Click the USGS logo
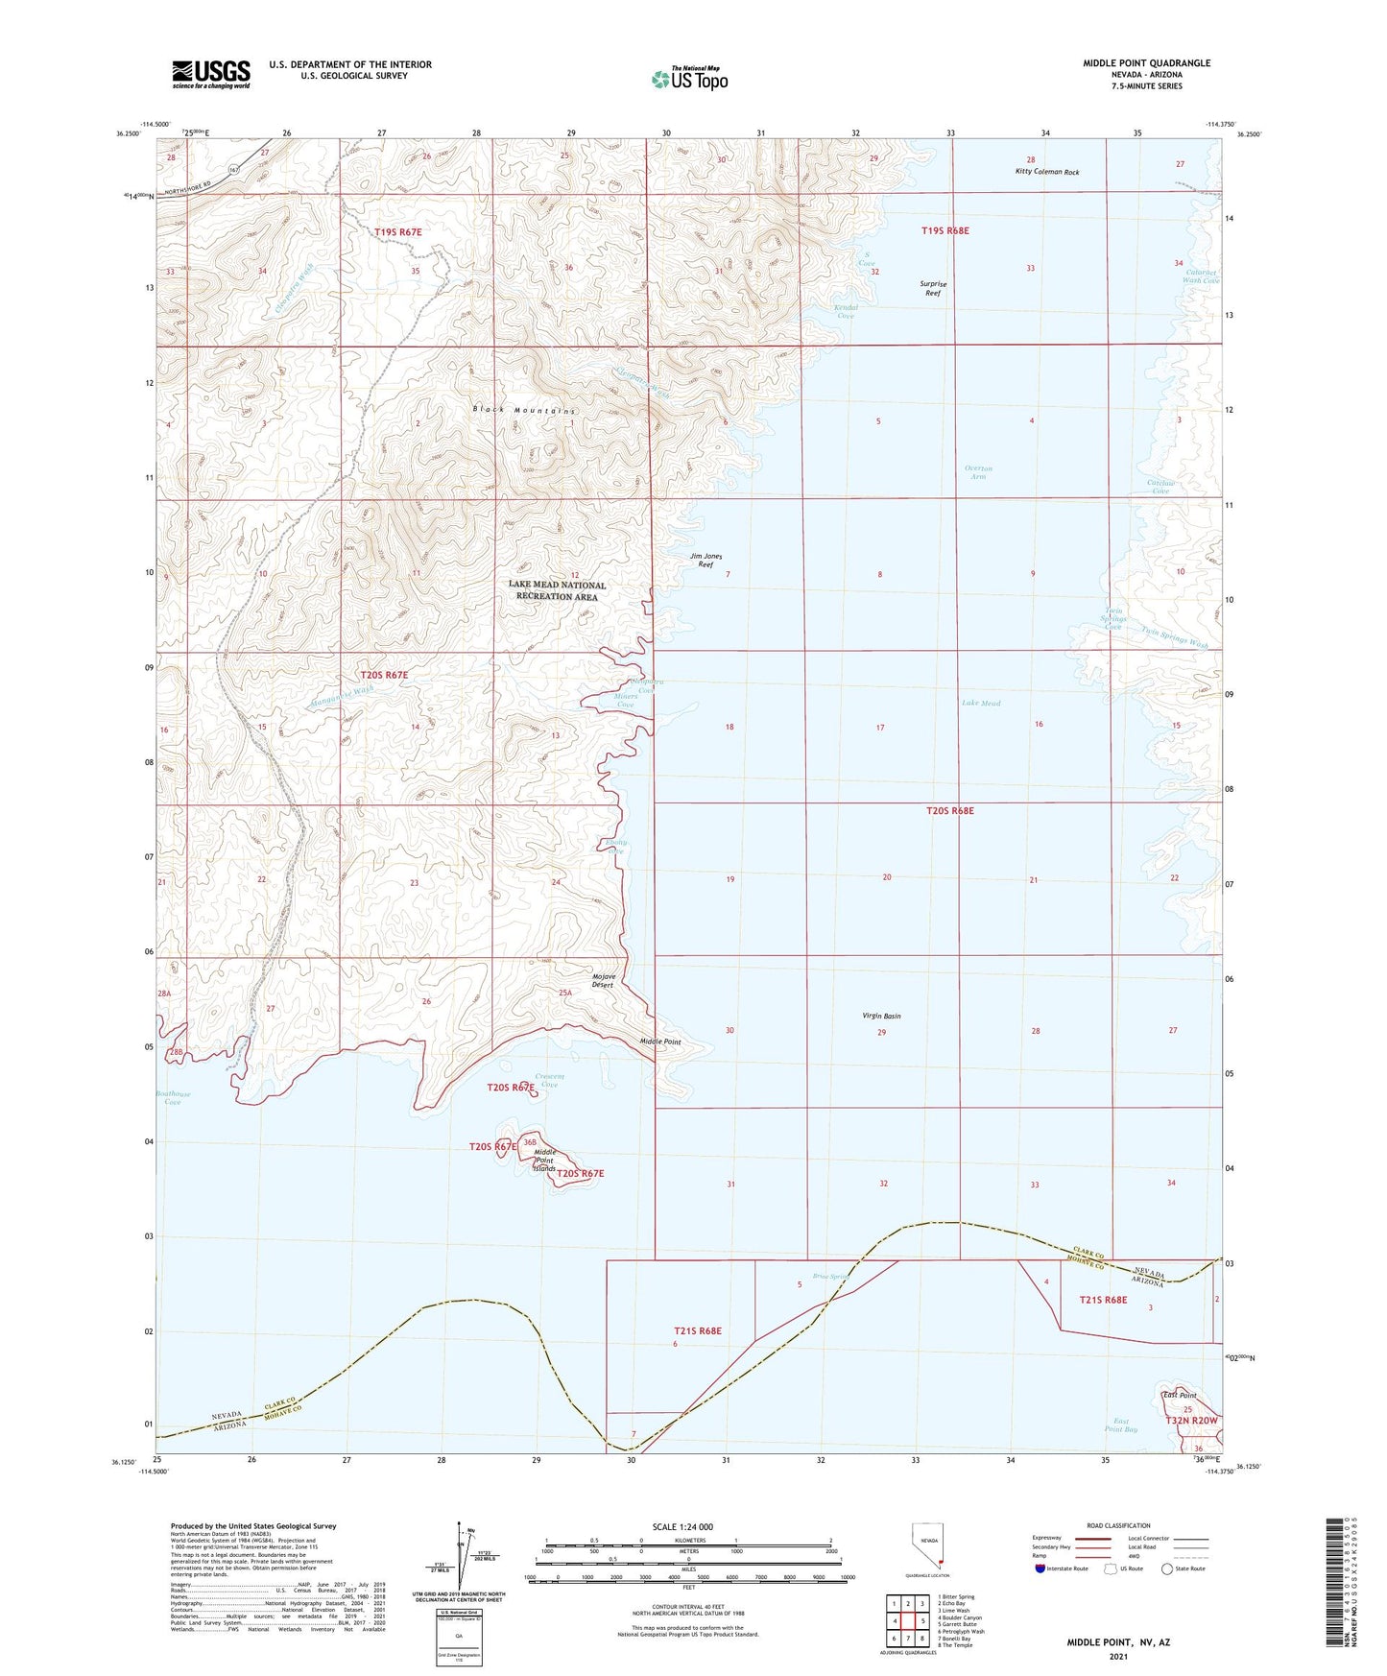point(210,74)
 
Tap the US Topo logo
point(689,79)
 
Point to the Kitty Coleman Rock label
point(1047,173)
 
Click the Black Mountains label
point(524,410)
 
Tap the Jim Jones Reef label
point(705,561)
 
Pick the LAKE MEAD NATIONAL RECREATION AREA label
point(557,590)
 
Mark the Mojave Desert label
point(603,980)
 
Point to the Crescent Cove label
point(549,1080)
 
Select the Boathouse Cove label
point(173,1097)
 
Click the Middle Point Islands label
point(545,1160)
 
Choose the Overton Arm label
point(978,472)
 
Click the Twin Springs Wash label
point(1174,637)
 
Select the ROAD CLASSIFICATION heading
point(1118,1525)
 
